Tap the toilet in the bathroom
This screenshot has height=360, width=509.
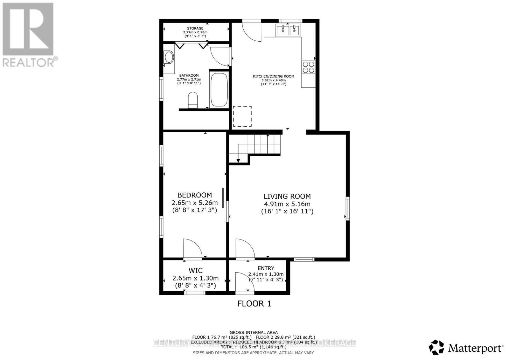coord(193,100)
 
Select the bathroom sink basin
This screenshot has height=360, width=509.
coord(169,58)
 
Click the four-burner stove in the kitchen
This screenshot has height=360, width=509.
coord(308,67)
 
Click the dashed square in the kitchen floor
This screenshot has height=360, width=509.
coord(242,116)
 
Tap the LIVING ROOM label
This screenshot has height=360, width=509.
coord(287,197)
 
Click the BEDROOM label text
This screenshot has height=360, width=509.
coord(194,195)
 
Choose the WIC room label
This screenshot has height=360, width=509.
coord(195,271)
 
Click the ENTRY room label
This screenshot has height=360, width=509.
coord(266,268)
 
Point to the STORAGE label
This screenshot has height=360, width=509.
coord(195,28)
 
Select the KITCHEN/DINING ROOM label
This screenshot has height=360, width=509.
coord(273,76)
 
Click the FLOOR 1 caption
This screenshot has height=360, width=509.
coord(254,304)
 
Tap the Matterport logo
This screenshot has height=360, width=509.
coord(466,348)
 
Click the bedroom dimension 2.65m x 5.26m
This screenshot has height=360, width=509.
coord(194,203)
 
